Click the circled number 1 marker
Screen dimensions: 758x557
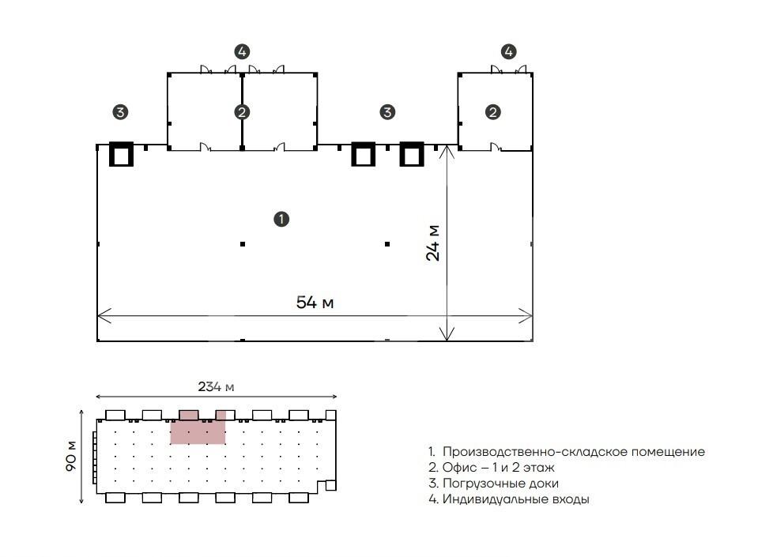281,219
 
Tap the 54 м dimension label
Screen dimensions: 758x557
315,303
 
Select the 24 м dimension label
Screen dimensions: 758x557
432,243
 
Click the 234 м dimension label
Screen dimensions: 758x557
216,386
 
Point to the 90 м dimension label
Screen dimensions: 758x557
70,456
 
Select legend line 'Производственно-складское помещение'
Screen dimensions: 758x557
567,452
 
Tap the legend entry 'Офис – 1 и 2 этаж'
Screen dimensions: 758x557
491,467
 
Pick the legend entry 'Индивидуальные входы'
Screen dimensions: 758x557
509,499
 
